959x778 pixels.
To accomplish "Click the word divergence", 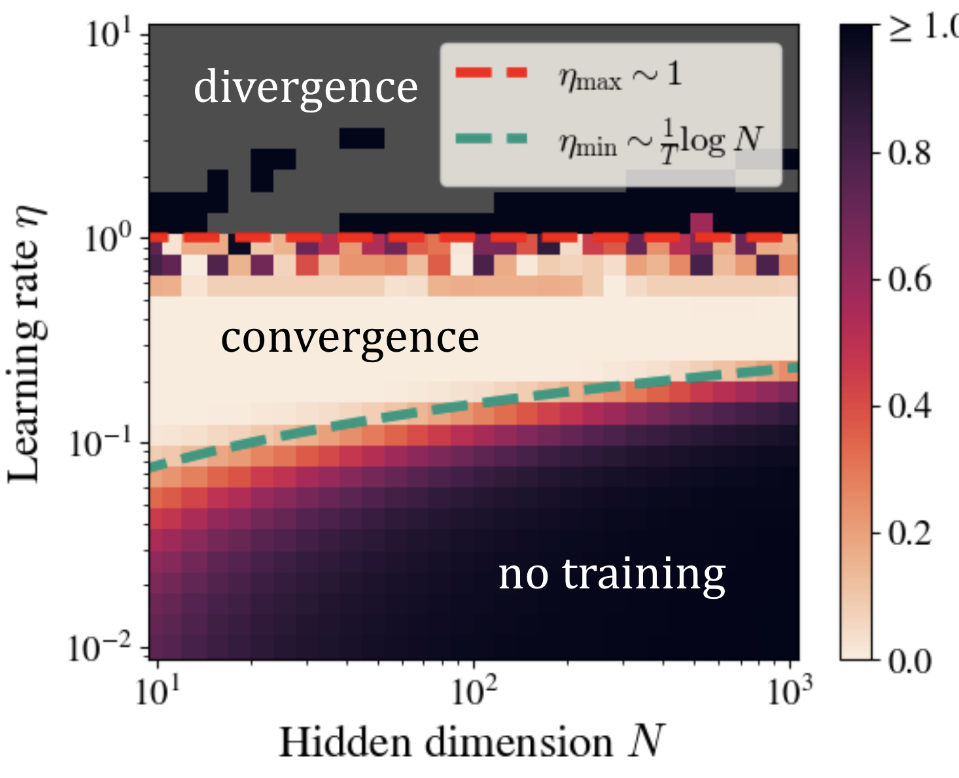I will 305,87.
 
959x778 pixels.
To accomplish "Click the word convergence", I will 350,338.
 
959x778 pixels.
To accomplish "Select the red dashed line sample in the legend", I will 491,73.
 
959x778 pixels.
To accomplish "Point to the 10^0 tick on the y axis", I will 109,239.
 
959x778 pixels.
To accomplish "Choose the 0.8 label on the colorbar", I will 909,154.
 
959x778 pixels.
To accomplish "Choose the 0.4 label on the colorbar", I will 909,407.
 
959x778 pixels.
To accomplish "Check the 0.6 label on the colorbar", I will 909,280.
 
